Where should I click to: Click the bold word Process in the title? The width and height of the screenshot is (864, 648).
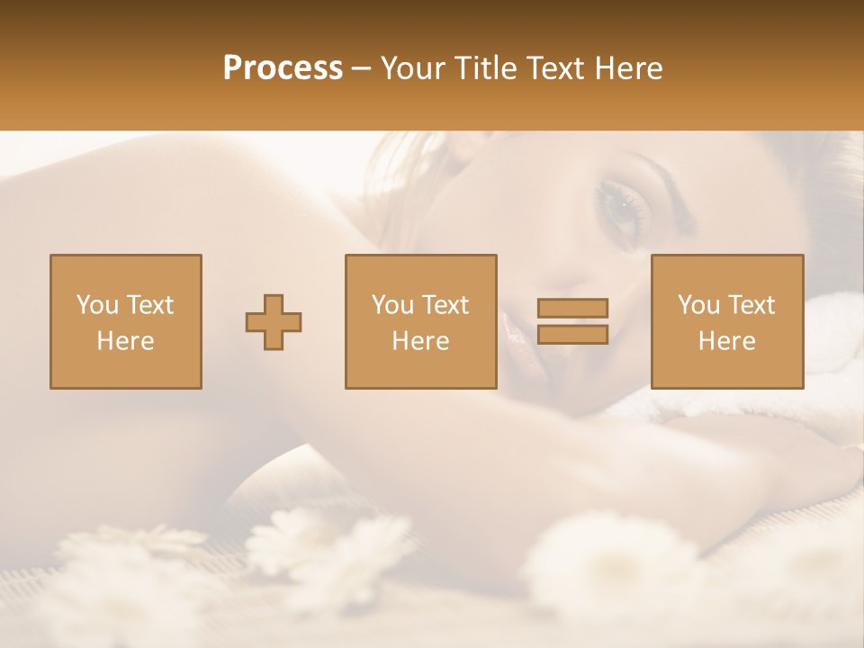[x=283, y=68]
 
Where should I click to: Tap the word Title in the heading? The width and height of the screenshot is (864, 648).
[x=484, y=68]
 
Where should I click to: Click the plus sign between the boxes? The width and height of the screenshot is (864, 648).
[x=274, y=322]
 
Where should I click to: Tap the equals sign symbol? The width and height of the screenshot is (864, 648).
[x=572, y=321]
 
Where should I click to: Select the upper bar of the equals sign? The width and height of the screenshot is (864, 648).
[x=572, y=308]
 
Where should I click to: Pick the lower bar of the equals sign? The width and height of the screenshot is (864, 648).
[x=572, y=335]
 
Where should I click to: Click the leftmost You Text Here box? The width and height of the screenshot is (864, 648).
[x=126, y=321]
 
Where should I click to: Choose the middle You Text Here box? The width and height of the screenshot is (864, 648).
[x=420, y=321]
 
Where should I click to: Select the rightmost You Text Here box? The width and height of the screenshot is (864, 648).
[x=726, y=321]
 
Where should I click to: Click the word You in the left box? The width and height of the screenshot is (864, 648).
[x=95, y=305]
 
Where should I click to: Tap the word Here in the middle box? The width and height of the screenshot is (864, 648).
[x=420, y=340]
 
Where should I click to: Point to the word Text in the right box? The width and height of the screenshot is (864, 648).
[x=750, y=305]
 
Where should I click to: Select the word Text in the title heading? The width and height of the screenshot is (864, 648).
[x=553, y=68]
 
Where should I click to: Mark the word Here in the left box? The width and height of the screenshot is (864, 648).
[x=126, y=340]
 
